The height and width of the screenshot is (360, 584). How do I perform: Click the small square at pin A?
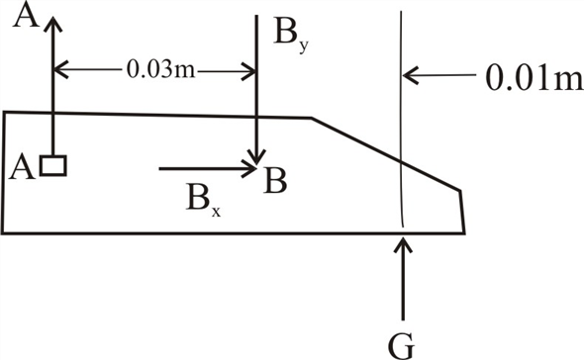[x=55, y=166]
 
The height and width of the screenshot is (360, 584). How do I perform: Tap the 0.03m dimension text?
[x=153, y=70]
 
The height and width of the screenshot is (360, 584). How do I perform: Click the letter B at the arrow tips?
[x=276, y=181]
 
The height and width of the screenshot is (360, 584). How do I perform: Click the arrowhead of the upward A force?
[x=52, y=22]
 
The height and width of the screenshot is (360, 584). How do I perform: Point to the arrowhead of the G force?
[x=403, y=242]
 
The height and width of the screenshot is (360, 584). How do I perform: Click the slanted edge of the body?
[x=386, y=153]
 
